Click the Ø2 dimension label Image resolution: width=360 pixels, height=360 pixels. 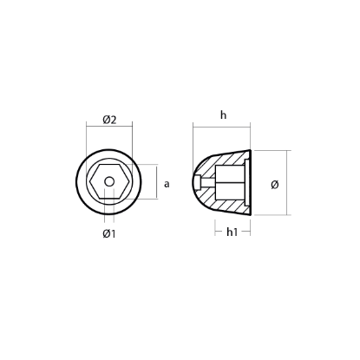(x=109, y=120)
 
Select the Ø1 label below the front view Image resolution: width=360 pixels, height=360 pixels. (x=109, y=234)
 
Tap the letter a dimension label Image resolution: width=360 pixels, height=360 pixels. (x=166, y=183)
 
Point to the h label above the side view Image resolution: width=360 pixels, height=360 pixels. (x=223, y=115)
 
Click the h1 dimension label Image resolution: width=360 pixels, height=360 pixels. (x=232, y=232)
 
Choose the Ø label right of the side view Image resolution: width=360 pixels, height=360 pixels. (x=274, y=184)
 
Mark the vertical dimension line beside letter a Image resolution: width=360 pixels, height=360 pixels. (x=157, y=183)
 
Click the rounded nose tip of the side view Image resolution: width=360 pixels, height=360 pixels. (x=193, y=182)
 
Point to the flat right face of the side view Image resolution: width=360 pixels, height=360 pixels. (x=251, y=183)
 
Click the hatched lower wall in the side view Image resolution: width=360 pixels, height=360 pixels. (x=224, y=206)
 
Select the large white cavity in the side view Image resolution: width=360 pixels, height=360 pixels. (x=230, y=183)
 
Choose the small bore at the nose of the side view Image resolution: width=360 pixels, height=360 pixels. (x=200, y=182)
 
